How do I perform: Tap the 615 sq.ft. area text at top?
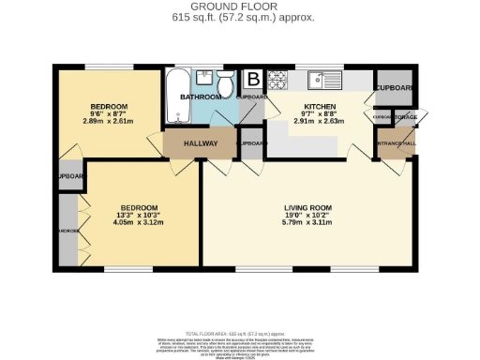coord(239,17)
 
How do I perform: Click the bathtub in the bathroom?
coord(175,97)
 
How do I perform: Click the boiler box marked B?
coord(253,80)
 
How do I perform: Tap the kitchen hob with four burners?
coord(277,79)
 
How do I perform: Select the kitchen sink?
coord(324,79)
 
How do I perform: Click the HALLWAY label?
coord(200,143)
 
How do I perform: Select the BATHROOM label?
coord(200,97)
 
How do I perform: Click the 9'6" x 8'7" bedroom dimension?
coord(109,113)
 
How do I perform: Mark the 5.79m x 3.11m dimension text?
coord(308,223)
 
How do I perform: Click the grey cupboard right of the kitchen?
coord(393,87)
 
